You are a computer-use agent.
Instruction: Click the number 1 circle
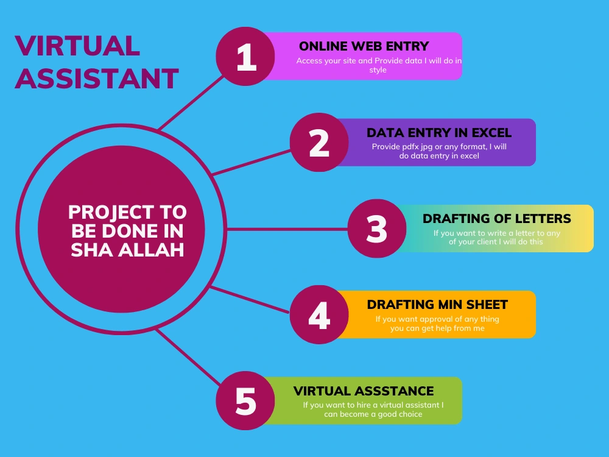pos(245,56)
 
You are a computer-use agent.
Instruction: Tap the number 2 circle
pos(319,142)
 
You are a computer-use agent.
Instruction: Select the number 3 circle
pos(377,228)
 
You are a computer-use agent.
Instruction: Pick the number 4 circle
pos(319,314)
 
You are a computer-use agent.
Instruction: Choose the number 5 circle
pos(245,401)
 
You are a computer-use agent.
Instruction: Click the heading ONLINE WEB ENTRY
pos(364,46)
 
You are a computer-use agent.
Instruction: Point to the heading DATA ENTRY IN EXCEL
pos(439,132)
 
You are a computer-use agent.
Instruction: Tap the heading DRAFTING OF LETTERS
pos(497,218)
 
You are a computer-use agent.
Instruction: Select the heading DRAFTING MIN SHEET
pos(437,304)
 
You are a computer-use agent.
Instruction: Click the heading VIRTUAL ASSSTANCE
pos(364,391)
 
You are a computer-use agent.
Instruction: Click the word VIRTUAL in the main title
pos(77,46)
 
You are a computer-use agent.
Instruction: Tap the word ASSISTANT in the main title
pos(97,79)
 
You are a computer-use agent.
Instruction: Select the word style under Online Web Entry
pos(378,70)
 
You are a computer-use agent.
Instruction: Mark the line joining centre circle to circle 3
pos(287,229)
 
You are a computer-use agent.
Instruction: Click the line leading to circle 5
pos(188,356)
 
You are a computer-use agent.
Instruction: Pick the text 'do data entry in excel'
pos(439,156)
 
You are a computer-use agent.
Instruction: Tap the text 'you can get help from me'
pos(437,328)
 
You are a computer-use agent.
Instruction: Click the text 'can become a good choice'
pos(373,414)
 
